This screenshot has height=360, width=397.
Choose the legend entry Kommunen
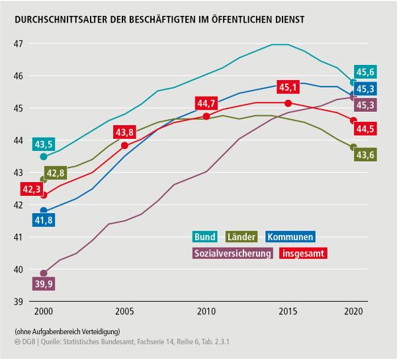tap(290, 237)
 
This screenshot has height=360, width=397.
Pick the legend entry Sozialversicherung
tap(232, 253)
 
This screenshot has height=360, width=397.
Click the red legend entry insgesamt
tap(304, 253)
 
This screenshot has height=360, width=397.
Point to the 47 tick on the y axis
tap(18, 44)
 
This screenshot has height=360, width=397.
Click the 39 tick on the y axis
tap(18, 302)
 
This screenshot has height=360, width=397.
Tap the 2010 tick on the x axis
tap(206, 312)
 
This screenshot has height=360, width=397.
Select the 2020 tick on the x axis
tap(353, 312)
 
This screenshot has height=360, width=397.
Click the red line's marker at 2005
tap(124, 145)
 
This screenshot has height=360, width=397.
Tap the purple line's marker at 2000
tap(44, 273)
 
